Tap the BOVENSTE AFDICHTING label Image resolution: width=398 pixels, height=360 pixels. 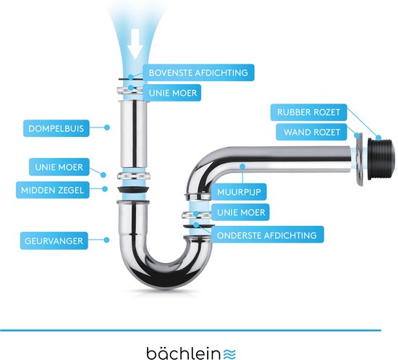click(198, 72)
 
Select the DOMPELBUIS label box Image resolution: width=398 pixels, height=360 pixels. click(56, 128)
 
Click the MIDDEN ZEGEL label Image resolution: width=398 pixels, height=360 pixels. click(53, 190)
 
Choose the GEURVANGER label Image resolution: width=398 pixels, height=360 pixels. click(54, 240)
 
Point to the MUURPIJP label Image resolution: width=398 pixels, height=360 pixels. click(239, 192)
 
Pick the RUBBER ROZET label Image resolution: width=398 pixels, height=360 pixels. click(309, 112)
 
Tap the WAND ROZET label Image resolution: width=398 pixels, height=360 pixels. click(311, 132)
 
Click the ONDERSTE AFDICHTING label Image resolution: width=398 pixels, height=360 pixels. click(267, 235)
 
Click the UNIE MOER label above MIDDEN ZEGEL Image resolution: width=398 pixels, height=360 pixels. click(59, 167)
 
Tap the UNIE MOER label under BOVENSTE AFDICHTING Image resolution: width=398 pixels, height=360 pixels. click(173, 93)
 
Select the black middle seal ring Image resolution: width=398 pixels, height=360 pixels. click(133, 190)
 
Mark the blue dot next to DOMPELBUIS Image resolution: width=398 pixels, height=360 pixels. click(107, 127)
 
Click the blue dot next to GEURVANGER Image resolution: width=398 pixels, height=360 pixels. click(106, 240)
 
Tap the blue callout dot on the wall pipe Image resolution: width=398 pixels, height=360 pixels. click(243, 167)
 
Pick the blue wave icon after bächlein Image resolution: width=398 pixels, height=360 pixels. click(229, 354)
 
